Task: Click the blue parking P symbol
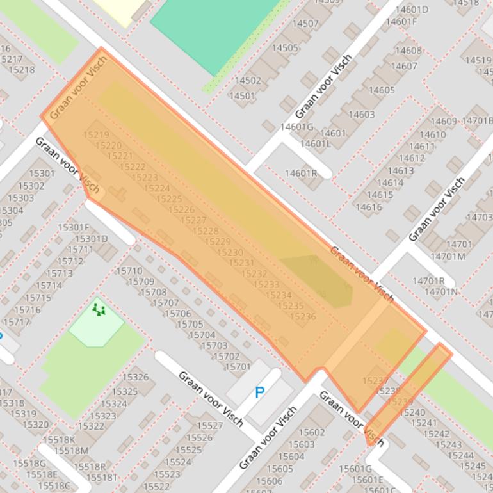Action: coord(259,392)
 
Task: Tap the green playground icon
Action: coord(99,311)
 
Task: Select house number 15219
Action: coord(96,135)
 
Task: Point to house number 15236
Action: coord(302,316)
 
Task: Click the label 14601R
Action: coord(301,173)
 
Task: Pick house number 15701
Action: coord(238,367)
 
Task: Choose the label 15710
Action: coord(129,271)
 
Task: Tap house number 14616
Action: coord(368,207)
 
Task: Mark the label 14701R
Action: coord(428,280)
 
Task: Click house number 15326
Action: coord(135,377)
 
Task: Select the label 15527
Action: coord(209,426)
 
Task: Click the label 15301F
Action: coord(73,227)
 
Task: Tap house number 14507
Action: coord(305,24)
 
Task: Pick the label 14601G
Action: coord(296,127)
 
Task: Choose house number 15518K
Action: coord(58,439)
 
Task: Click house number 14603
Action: coord(361,115)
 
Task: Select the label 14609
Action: coord(444,122)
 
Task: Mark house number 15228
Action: coord(206,231)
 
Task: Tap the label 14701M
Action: coord(448,256)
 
